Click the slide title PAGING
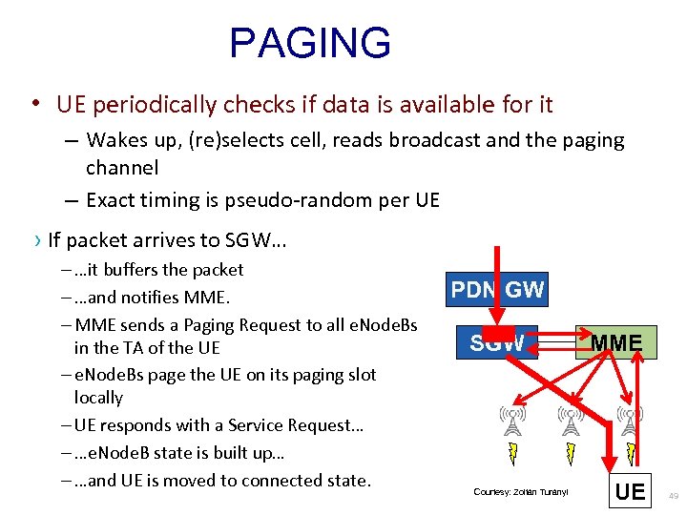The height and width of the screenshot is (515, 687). click(x=310, y=44)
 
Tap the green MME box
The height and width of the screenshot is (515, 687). click(x=615, y=342)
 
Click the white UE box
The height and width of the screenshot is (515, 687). click(x=630, y=492)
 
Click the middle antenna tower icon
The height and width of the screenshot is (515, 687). click(x=571, y=421)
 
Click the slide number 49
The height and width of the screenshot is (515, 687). click(x=674, y=496)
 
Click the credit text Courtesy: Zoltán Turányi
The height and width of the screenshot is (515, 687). click(x=520, y=492)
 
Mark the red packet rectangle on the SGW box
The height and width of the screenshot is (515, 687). click(x=496, y=336)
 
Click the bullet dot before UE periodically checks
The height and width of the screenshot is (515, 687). click(x=34, y=103)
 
